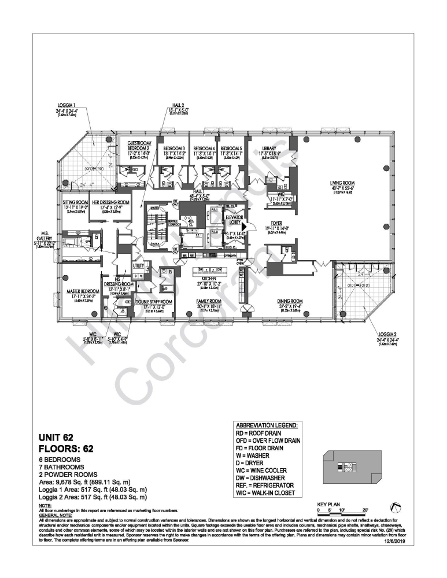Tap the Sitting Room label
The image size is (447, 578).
pos(75,203)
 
